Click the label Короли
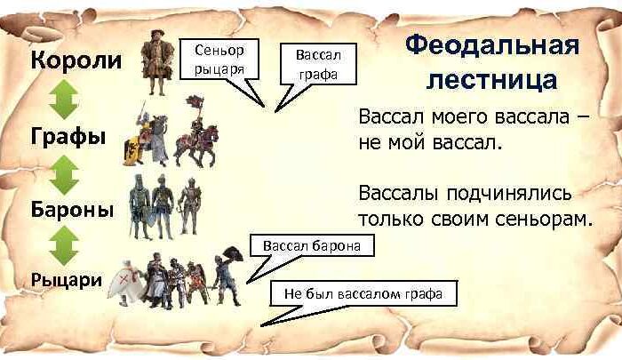coord(76,60)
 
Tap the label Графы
coord(68,136)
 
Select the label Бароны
coord(72,209)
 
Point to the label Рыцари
coord(67,280)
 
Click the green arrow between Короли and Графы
coord(64,100)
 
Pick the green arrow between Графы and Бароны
coord(64,175)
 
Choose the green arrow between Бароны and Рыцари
coord(64,245)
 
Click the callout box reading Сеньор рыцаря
coord(219,60)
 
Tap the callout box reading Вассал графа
coord(318,64)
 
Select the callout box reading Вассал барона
coord(312,245)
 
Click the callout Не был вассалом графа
coord(363,293)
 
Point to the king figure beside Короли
coord(157,62)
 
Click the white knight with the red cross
coord(124,283)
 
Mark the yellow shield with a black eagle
coord(132,150)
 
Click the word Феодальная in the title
coord(492,46)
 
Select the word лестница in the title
coord(492,79)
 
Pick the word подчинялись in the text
coord(509,194)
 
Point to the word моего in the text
coord(458,117)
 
